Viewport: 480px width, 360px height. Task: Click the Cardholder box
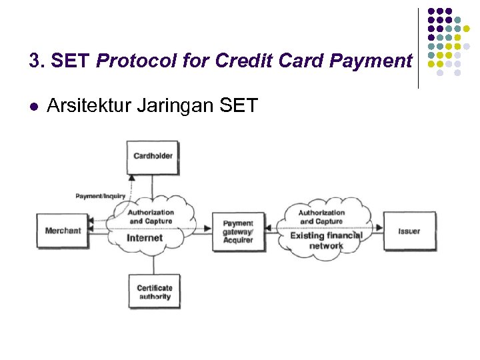coord(153,156)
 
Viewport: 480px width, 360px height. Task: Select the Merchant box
coord(63,231)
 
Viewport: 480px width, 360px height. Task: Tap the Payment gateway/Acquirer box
coord(238,231)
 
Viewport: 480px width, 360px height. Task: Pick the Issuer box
coord(409,231)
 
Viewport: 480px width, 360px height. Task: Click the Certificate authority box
coord(154,292)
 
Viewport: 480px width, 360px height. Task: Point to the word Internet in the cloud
coord(145,238)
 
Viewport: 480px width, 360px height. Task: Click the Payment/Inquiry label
coord(100,196)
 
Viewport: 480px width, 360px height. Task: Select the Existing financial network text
coord(326,241)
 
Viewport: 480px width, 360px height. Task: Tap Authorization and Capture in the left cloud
coord(151,217)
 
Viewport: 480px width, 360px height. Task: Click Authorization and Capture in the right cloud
coord(321,217)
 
